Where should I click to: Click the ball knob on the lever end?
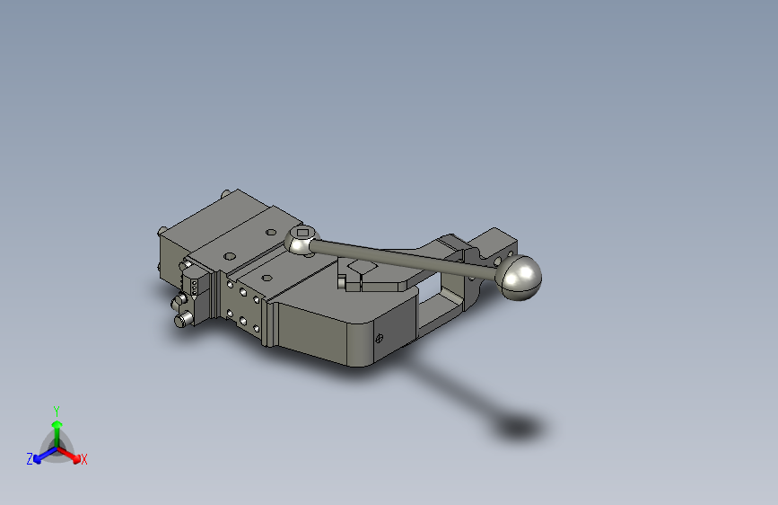[x=520, y=277]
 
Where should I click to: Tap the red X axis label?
[x=84, y=460]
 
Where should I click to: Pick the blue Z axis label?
[x=30, y=459]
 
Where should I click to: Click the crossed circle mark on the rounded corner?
[x=379, y=339]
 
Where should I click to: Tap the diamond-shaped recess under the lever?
[x=361, y=267]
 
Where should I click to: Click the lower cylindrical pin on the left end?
[x=182, y=318]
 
